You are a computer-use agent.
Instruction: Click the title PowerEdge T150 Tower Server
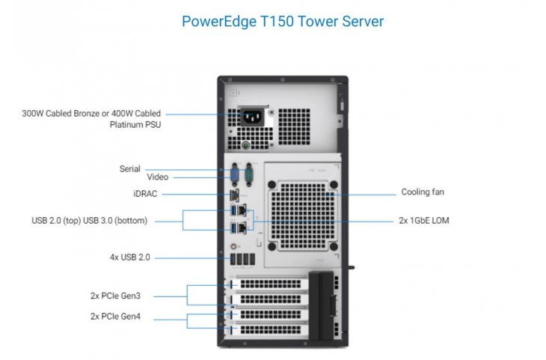pyautogui.click(x=283, y=21)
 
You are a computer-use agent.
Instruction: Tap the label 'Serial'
pyautogui.click(x=129, y=169)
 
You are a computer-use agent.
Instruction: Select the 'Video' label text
pyautogui.click(x=157, y=177)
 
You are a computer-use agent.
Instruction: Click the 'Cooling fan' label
pyautogui.click(x=423, y=192)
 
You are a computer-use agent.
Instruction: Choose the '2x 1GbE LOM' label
pyautogui.click(x=424, y=221)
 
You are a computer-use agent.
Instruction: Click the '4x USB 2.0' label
pyautogui.click(x=130, y=257)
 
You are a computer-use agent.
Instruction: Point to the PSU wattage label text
pyautogui.click(x=91, y=119)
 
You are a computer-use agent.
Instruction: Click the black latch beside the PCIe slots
pyautogui.click(x=323, y=307)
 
